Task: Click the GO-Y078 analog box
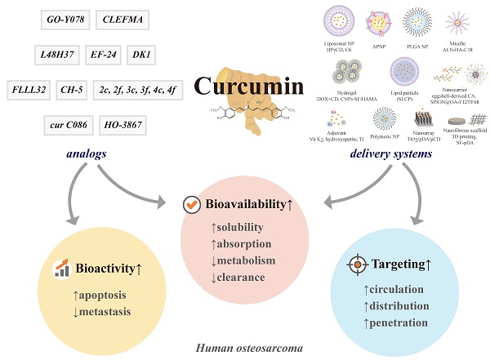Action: point(65,19)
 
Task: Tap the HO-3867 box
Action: point(122,125)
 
